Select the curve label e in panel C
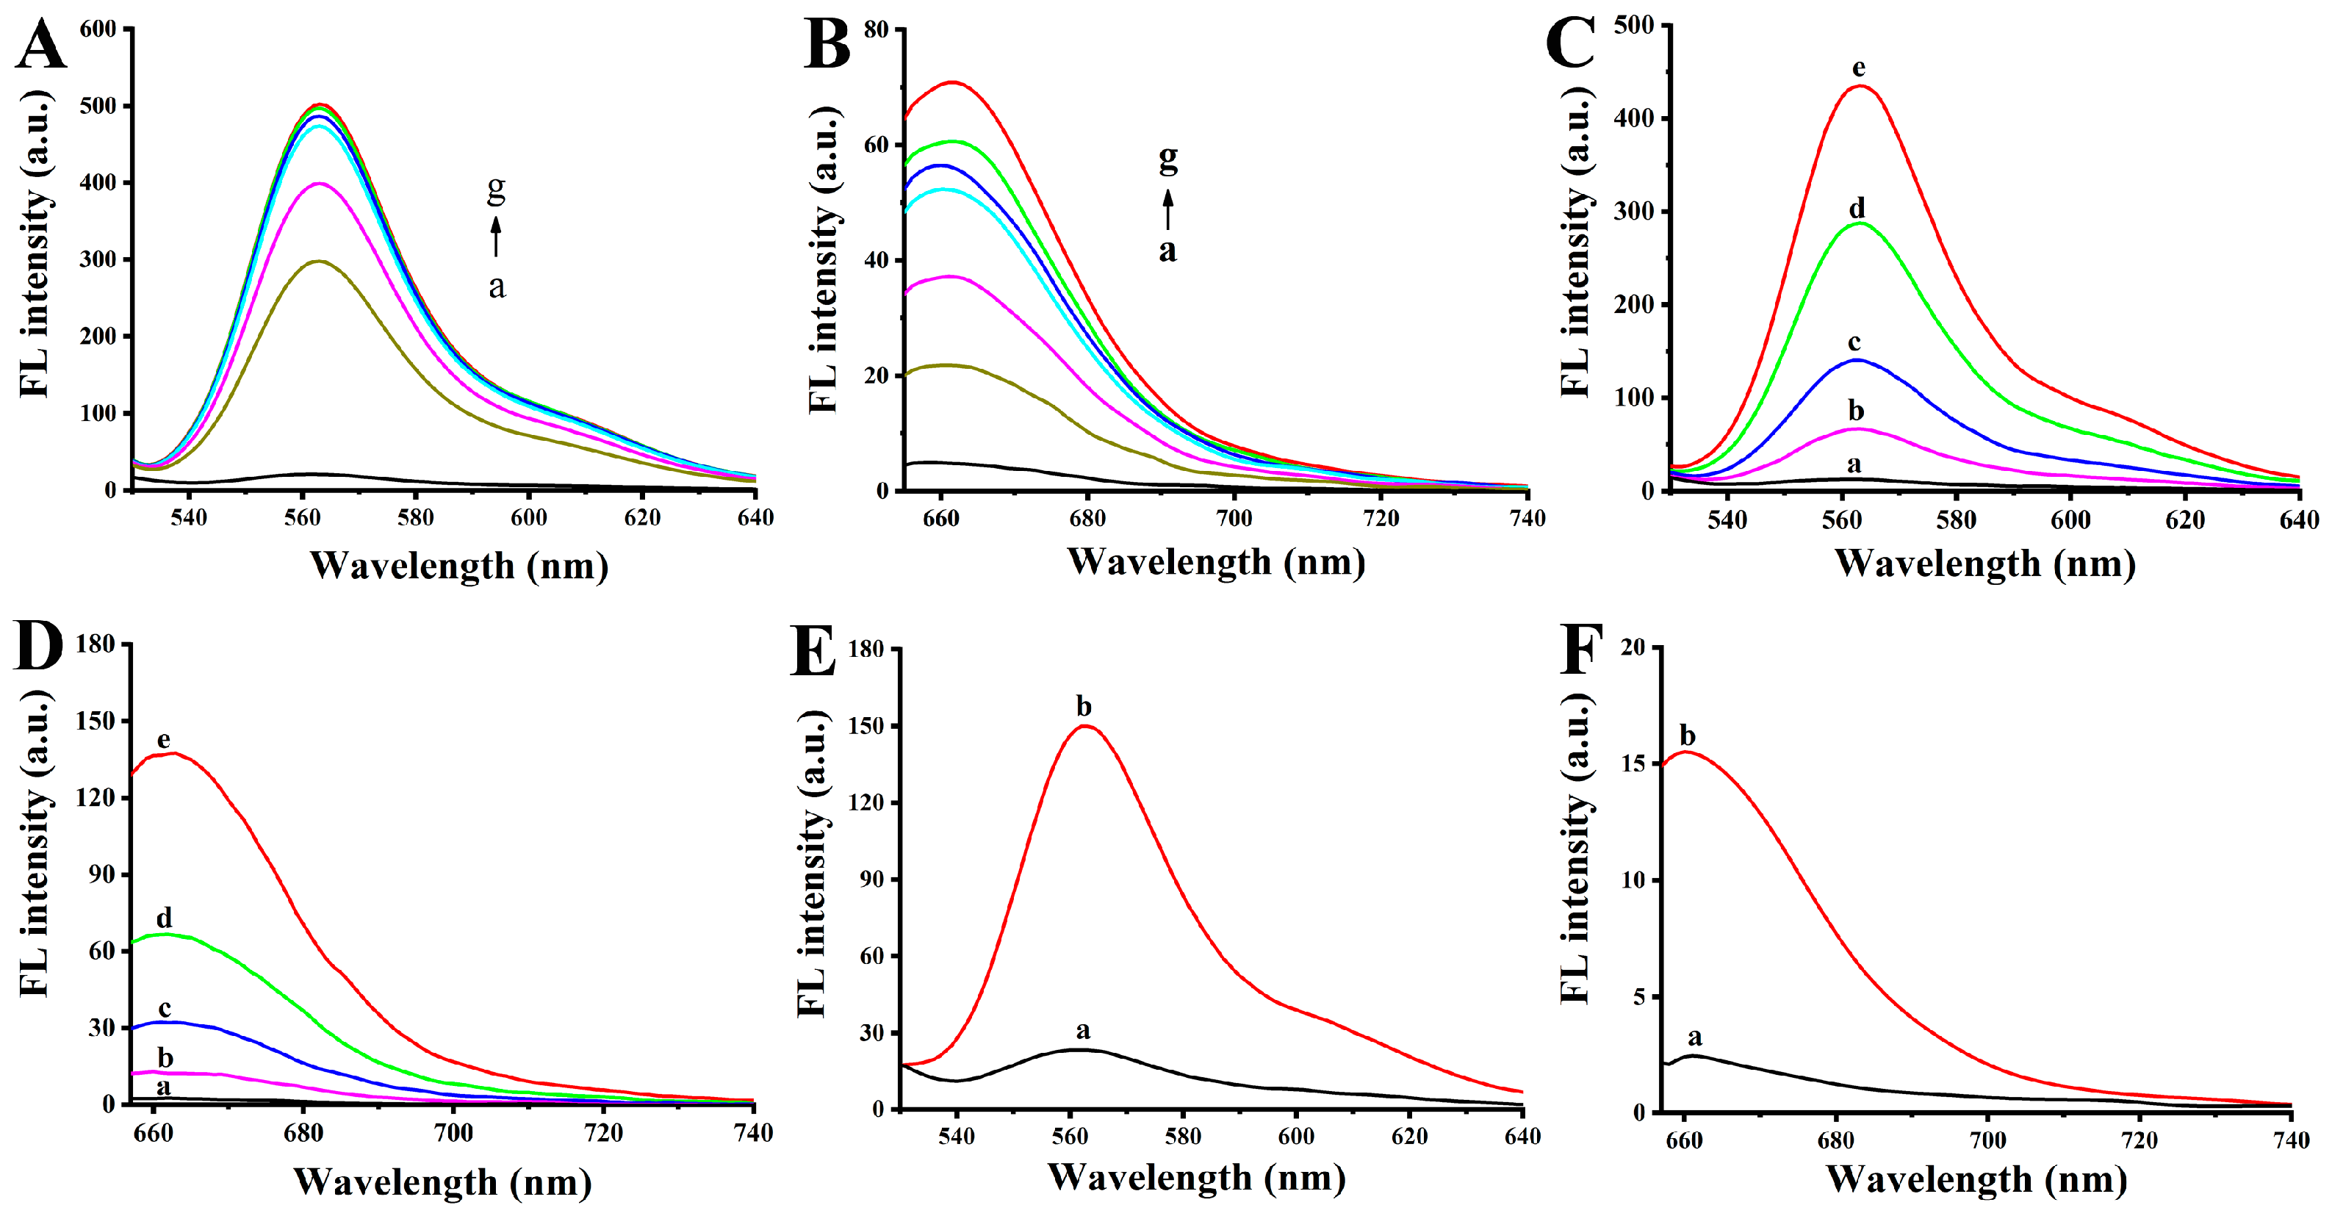pyautogui.click(x=1859, y=68)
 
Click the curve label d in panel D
pyautogui.click(x=164, y=918)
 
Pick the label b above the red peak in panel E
pyautogui.click(x=1084, y=706)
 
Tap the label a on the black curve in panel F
pyautogui.click(x=1695, y=1037)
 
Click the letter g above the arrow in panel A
pyautogui.click(x=496, y=188)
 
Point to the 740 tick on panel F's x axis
pyautogui.click(x=2290, y=1140)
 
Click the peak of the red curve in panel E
pyautogui.click(x=1084, y=726)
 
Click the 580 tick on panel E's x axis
pyautogui.click(x=1183, y=1137)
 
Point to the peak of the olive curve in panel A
pyautogui.click(x=320, y=261)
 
